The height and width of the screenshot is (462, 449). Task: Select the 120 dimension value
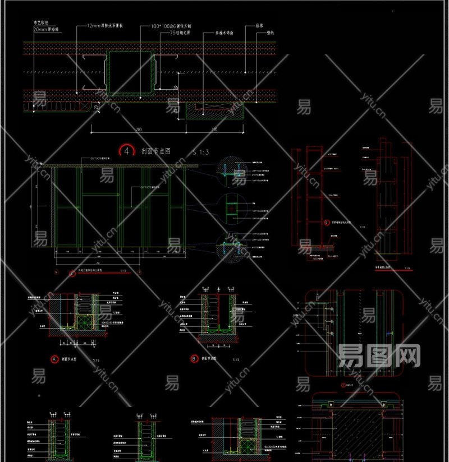pyautogui.click(x=214, y=130)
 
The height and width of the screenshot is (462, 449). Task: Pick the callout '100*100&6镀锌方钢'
pyautogui.click(x=171, y=26)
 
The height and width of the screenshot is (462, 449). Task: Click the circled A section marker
pyautogui.click(x=54, y=358)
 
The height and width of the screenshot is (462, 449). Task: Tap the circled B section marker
pyautogui.click(x=193, y=358)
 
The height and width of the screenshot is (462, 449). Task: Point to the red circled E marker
pyautogui.click(x=326, y=223)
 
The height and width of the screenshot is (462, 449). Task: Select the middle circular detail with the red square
pyautogui.click(x=231, y=209)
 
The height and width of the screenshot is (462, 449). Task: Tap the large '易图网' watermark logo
pyautogui.click(x=379, y=354)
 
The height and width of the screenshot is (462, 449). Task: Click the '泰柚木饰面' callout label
pyautogui.click(x=225, y=33)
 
